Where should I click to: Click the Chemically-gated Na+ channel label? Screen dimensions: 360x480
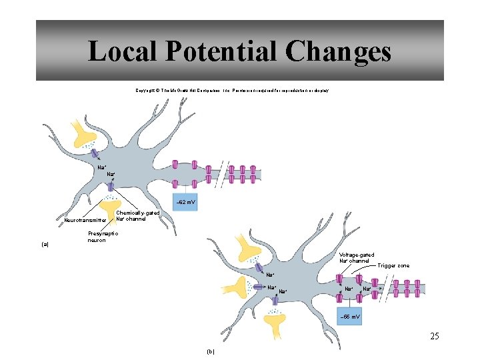[137, 216]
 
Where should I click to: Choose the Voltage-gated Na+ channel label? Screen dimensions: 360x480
[357, 258]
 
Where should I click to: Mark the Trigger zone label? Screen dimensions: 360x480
[394, 265]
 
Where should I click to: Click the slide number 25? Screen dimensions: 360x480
[434, 336]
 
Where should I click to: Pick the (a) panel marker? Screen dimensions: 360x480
[45, 244]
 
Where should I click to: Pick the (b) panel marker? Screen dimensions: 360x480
[211, 351]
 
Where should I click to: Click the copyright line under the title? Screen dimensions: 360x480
[231, 90]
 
